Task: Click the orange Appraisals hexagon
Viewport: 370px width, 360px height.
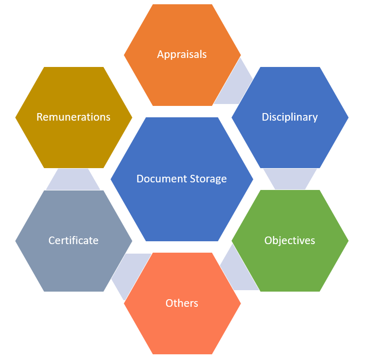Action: click(x=182, y=55)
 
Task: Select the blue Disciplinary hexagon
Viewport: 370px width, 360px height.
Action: click(x=290, y=117)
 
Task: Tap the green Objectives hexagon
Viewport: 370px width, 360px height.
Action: click(x=290, y=241)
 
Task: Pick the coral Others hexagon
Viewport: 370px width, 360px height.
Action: click(x=182, y=303)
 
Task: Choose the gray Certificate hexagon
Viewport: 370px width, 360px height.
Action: click(x=74, y=241)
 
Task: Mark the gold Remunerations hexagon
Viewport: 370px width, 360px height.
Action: click(x=74, y=117)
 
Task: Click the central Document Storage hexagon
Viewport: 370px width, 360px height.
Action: click(x=182, y=179)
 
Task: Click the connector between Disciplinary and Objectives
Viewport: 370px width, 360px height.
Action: click(x=290, y=179)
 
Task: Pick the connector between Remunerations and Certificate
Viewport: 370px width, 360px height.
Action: click(x=73, y=179)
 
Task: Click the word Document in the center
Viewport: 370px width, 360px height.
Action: click(x=162, y=179)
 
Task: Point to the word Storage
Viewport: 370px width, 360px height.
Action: click(x=208, y=180)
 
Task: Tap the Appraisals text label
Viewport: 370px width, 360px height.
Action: click(x=182, y=55)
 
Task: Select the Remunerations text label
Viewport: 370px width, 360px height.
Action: click(x=74, y=117)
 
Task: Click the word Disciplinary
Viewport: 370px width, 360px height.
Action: click(x=290, y=117)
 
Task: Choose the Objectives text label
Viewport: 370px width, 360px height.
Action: click(x=290, y=241)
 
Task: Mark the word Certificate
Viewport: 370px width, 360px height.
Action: click(x=74, y=240)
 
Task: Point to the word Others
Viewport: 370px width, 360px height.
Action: click(x=182, y=303)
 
